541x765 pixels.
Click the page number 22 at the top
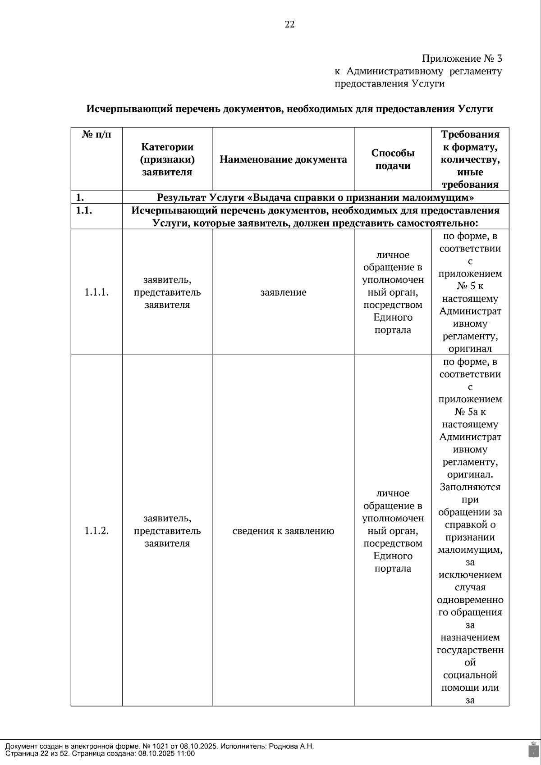point(289,25)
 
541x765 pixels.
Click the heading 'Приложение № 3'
point(462,59)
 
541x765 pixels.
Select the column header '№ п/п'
point(96,134)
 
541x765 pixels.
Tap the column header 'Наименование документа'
point(283,159)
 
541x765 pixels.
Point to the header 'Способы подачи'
point(393,159)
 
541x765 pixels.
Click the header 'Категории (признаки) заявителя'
point(167,159)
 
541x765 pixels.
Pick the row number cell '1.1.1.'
point(96,292)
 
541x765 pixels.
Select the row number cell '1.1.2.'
point(96,531)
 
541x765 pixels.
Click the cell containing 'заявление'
point(283,292)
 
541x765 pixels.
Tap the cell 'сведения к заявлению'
point(283,531)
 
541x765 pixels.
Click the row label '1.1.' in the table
point(84,211)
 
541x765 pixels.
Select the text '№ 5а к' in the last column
point(470,412)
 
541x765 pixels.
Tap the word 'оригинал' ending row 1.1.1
point(470,349)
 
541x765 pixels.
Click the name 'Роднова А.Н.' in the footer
point(291,746)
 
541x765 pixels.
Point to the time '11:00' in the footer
point(186,753)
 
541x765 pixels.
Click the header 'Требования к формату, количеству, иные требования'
point(470,159)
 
